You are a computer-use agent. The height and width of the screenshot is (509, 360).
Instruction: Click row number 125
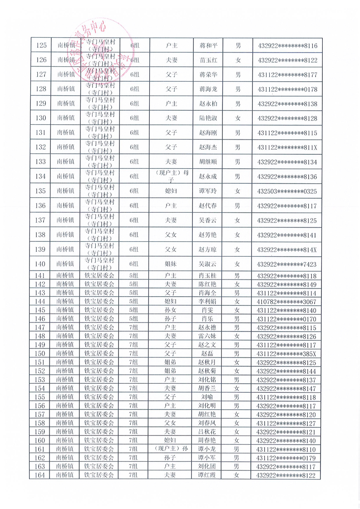41,45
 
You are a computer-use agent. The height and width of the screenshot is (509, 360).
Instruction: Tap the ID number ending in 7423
287,264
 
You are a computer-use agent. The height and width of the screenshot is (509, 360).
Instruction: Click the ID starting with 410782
287,302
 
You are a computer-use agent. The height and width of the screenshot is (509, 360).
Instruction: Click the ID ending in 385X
287,353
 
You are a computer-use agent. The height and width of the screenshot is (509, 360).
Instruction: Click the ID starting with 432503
287,191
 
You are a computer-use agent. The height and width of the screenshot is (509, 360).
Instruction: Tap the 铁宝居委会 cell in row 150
99,353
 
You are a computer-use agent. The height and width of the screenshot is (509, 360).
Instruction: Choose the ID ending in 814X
287,250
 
